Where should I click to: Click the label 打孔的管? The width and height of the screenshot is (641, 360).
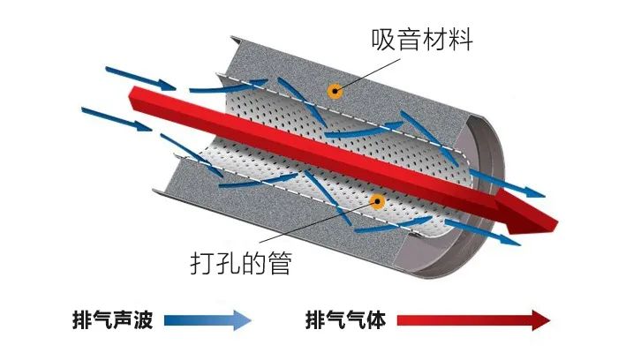pos(240,263)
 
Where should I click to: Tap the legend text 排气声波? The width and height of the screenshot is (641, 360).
pos(113,319)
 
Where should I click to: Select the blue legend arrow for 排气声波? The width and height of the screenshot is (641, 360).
pos(208,319)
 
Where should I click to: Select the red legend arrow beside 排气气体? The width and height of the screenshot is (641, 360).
pos(478,319)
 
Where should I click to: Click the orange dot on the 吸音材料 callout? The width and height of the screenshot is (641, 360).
pos(335,90)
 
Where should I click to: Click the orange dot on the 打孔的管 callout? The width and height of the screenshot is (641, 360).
pos(377,201)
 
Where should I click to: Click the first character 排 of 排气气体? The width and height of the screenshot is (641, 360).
pos(314,319)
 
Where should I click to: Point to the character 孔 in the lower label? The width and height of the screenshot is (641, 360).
pos(227,263)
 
